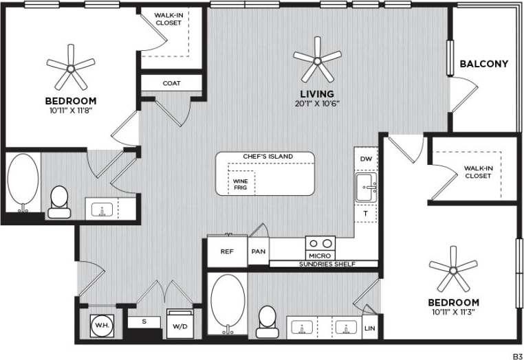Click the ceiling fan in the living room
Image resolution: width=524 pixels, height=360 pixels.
pos(317,60)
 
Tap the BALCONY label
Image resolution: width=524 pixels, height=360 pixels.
pos(483,64)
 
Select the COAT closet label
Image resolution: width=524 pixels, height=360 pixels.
pos(172,83)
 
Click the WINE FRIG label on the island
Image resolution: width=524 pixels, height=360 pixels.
pos(240,184)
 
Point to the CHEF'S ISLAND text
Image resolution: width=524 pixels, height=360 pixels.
pos(268,157)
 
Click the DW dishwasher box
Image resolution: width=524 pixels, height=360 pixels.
pos(366,159)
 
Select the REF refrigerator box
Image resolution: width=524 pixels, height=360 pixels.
pos(228,251)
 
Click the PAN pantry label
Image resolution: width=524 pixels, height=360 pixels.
pos(259,251)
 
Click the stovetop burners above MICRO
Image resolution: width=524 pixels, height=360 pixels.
pos(320,243)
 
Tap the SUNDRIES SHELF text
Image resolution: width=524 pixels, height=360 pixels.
pos(323,264)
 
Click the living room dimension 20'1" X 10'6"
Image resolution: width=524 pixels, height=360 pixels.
pos(317,103)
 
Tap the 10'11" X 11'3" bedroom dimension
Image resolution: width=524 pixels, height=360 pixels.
pos(454,312)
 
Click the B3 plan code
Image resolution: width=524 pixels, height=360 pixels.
pos(517,355)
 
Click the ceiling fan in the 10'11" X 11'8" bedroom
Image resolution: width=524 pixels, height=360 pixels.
pos(71,67)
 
